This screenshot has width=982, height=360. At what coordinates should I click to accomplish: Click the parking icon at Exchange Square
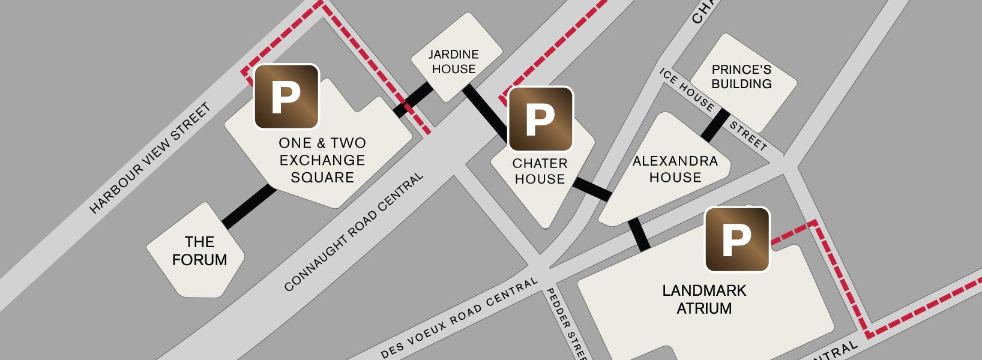(286, 97)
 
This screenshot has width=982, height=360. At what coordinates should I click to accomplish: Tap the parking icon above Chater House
(540, 119)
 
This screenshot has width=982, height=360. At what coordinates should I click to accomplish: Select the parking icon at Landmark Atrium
(736, 239)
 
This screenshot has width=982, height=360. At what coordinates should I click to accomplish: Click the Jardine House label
(454, 62)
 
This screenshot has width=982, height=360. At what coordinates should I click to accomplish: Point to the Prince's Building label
(741, 77)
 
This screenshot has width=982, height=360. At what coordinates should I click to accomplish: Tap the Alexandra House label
(675, 169)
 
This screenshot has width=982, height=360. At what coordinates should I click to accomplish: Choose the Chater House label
(540, 171)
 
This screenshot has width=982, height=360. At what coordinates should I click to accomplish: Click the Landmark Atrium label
(704, 299)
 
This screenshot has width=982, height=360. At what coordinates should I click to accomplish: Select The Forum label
(199, 251)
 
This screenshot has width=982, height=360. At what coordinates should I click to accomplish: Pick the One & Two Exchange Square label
(322, 160)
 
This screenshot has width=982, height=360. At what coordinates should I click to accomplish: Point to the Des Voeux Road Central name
(459, 319)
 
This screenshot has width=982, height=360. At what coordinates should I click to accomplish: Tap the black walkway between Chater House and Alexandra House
(592, 189)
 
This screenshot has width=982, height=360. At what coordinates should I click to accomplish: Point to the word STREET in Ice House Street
(749, 136)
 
